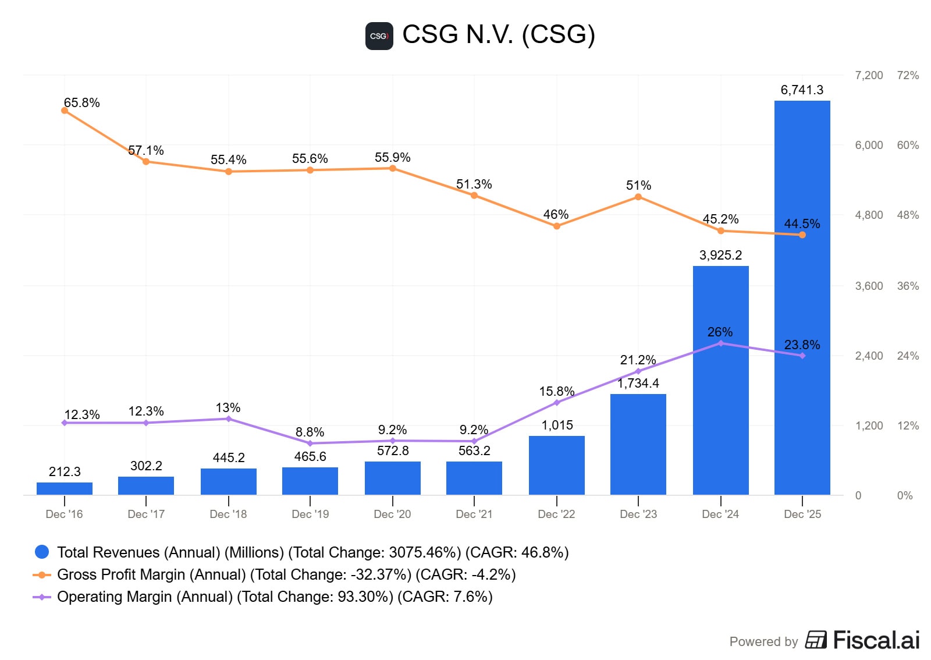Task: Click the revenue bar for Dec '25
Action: (x=802, y=297)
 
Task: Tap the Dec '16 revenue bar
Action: (x=65, y=489)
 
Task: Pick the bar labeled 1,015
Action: (x=556, y=466)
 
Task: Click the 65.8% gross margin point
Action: (x=65, y=111)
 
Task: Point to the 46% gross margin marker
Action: (x=557, y=226)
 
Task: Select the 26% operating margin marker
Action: (x=721, y=343)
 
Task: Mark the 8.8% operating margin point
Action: (x=310, y=443)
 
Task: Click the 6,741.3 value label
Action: (x=802, y=90)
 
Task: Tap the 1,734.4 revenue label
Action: (x=638, y=384)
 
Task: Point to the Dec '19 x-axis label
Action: (x=310, y=514)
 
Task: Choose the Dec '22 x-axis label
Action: (x=556, y=514)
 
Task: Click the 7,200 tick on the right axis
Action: (x=869, y=76)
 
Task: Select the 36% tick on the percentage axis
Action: (x=908, y=286)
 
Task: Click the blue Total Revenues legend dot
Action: (x=42, y=552)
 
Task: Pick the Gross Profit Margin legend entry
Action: (x=285, y=574)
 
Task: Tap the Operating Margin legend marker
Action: (x=42, y=597)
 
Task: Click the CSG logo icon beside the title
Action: (x=379, y=36)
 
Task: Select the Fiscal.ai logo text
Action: (x=876, y=641)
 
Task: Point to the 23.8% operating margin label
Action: (x=802, y=345)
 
